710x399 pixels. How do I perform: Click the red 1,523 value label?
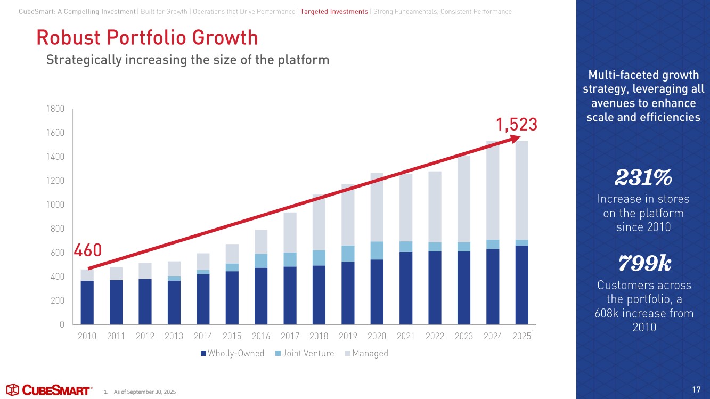pyautogui.click(x=516, y=125)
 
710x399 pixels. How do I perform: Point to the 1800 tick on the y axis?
pyautogui.click(x=56, y=109)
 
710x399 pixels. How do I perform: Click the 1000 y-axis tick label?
pyautogui.click(x=56, y=205)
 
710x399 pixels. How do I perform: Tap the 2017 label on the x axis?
pyautogui.click(x=290, y=336)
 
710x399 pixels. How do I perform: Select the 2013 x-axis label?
pyautogui.click(x=174, y=336)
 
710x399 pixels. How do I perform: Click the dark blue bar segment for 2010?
pyautogui.click(x=87, y=302)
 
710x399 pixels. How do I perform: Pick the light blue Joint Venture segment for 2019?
pyautogui.click(x=348, y=254)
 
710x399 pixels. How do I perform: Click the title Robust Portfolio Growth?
pyautogui.click(x=146, y=38)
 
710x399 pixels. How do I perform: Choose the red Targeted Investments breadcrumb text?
pyautogui.click(x=334, y=12)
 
